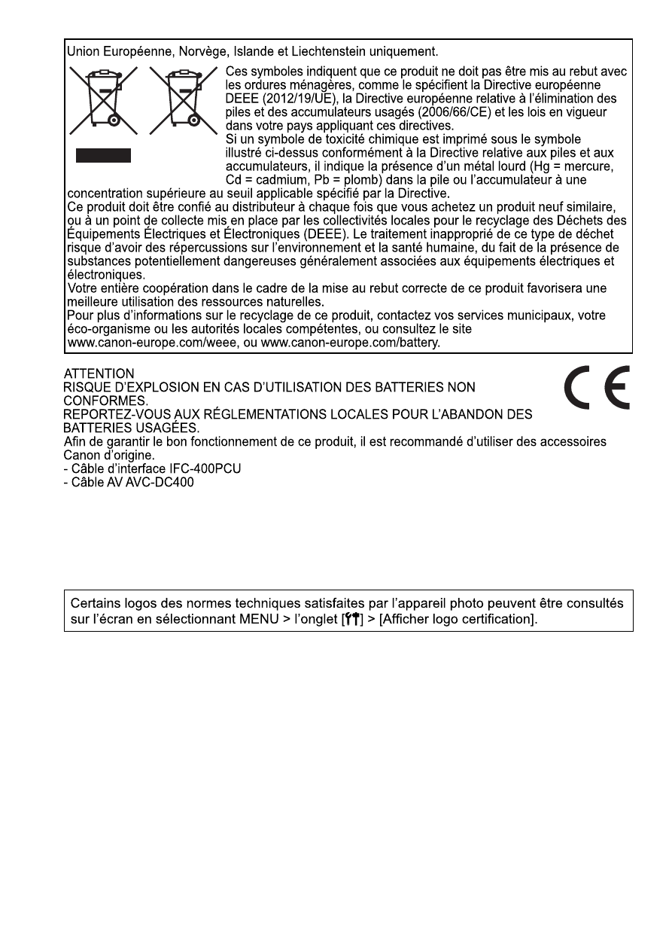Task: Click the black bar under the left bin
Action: [x=103, y=156]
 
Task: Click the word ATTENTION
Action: [x=99, y=373]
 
